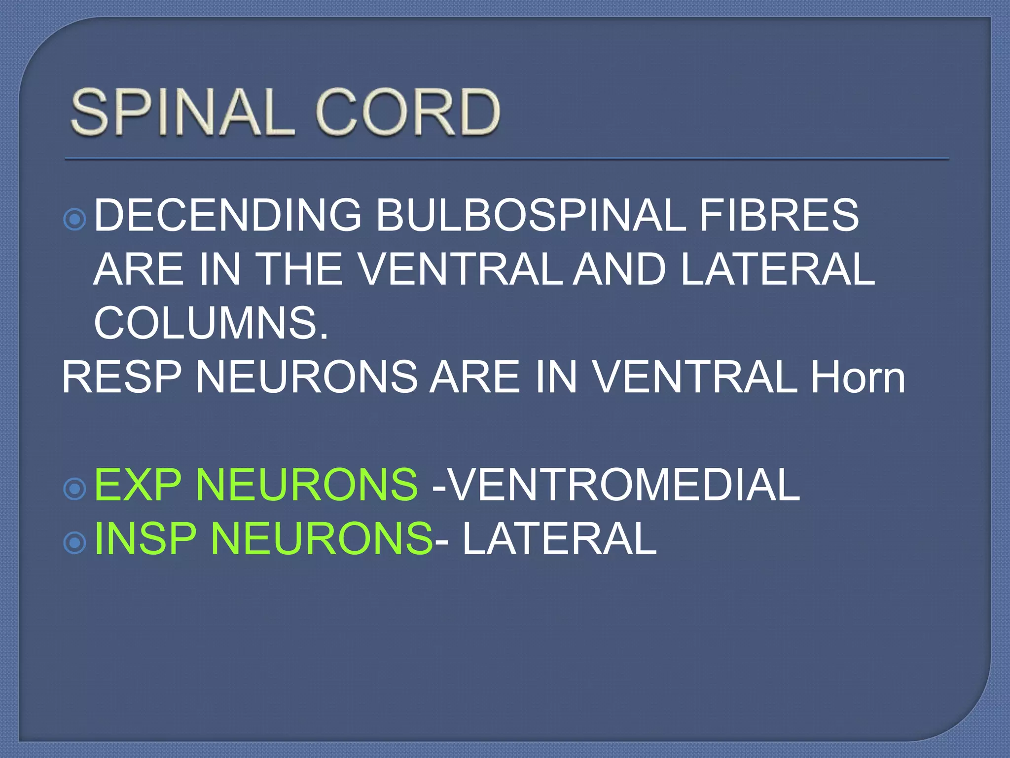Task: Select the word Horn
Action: pos(858,377)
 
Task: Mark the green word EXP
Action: pos(138,485)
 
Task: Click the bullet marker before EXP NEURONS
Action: pos(75,489)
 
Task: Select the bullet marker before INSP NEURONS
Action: pos(75,543)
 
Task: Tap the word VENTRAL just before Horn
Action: pos(695,377)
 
